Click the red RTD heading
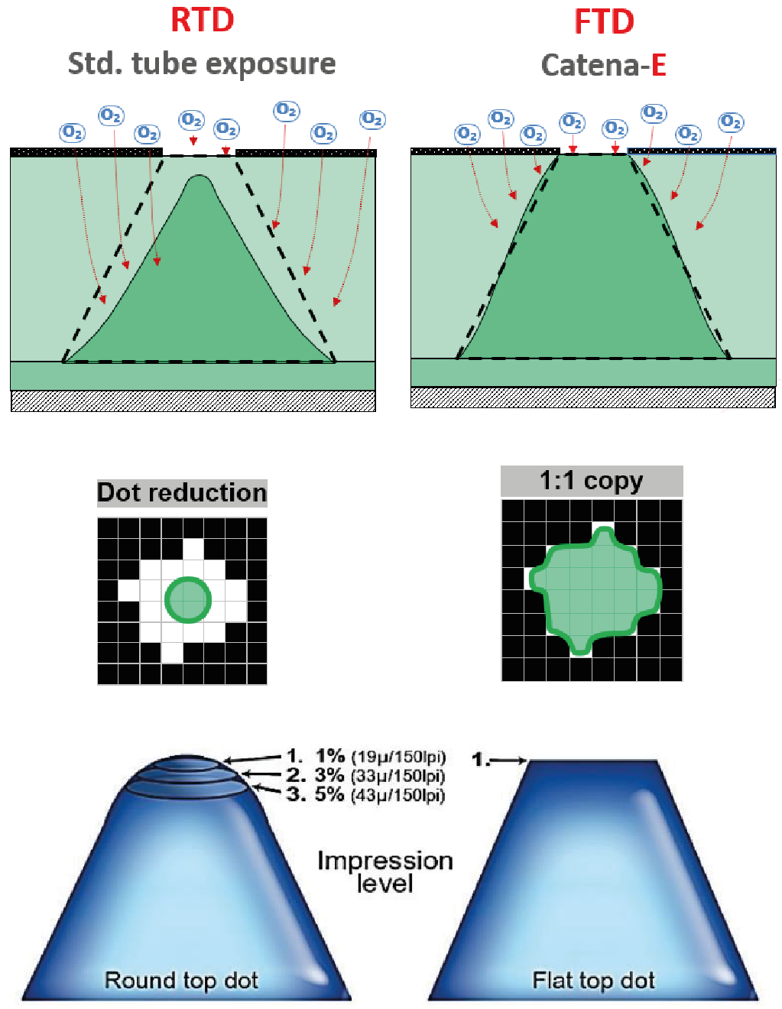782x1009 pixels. [202, 21]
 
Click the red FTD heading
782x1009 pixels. [604, 22]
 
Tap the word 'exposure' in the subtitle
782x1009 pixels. [271, 63]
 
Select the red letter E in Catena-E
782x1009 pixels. [658, 65]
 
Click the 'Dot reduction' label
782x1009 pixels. [182, 492]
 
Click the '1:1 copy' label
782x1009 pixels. [591, 481]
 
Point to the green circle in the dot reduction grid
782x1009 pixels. [188, 599]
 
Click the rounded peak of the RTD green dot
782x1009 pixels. [200, 179]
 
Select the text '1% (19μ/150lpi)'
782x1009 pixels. [381, 756]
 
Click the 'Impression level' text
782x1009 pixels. [385, 871]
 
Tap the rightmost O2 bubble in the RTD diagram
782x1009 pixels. [372, 119]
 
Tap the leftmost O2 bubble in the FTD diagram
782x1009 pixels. [467, 134]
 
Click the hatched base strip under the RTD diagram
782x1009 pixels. [193, 401]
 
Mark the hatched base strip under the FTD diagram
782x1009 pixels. [593, 397]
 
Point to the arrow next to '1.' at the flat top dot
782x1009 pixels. [508, 761]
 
